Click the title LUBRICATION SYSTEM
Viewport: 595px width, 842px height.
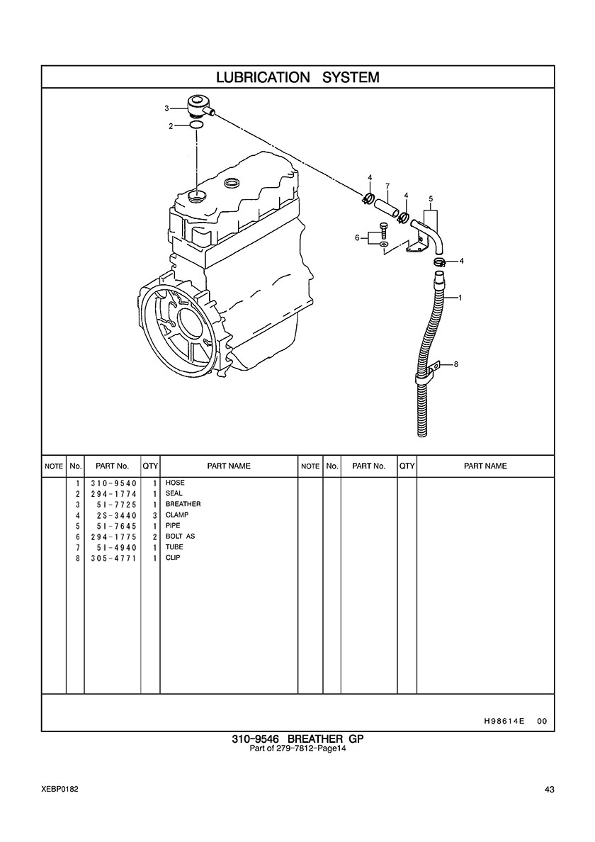click(297, 77)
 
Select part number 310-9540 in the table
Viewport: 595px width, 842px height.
click(114, 483)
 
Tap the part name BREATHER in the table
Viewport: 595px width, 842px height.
click(183, 504)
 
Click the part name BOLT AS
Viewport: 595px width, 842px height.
click(180, 537)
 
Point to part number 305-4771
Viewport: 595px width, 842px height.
click(114, 558)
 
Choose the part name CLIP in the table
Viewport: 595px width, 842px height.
click(173, 558)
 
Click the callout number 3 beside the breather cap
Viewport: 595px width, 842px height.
click(167, 108)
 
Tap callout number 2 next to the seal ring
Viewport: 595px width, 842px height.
click(171, 126)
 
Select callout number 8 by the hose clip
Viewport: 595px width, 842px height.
click(456, 364)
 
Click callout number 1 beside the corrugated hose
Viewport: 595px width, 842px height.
click(460, 297)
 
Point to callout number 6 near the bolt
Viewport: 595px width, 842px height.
click(357, 238)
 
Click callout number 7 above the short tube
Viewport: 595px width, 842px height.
click(387, 186)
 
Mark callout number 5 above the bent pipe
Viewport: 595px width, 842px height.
click(431, 198)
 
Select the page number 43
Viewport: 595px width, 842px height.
click(549, 790)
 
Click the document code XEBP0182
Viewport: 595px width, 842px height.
click(59, 790)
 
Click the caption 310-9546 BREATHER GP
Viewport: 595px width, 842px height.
click(297, 739)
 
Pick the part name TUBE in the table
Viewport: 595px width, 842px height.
click(174, 547)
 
